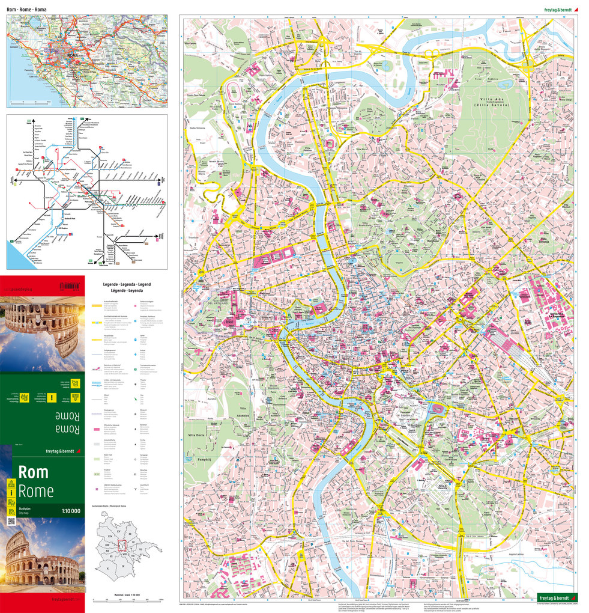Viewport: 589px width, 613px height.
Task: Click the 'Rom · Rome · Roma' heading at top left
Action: (x=35, y=10)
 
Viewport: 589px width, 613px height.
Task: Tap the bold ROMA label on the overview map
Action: (x=73, y=56)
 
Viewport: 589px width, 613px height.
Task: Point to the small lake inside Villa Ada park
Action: (x=504, y=84)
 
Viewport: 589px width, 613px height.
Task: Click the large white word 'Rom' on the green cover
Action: (x=33, y=472)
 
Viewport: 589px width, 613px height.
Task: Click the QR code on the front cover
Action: (x=11, y=520)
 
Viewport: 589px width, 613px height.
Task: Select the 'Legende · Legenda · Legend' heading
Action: (x=127, y=283)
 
